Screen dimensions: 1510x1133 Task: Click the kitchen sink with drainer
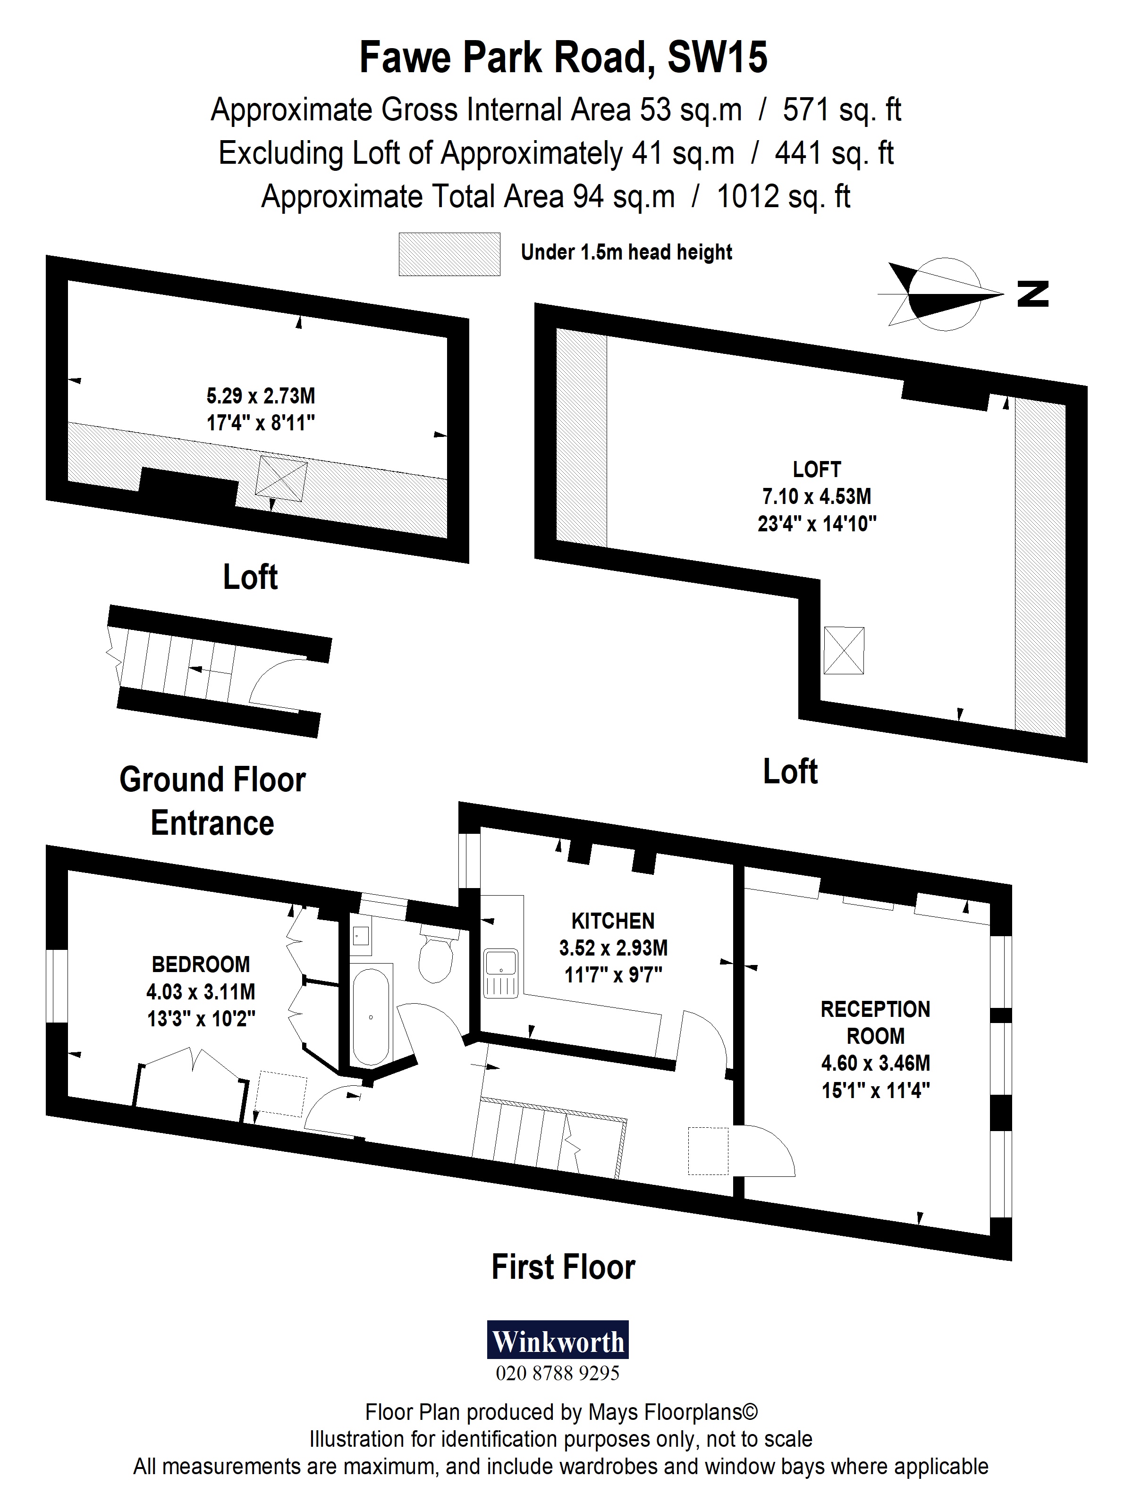tap(500, 973)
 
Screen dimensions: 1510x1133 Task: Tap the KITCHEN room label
tap(613, 921)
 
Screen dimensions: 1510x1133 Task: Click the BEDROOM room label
tap(201, 964)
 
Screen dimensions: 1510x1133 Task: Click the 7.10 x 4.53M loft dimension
tap(816, 496)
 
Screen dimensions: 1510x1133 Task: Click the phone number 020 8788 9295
tap(557, 1373)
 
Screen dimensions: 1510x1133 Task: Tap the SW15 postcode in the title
tap(717, 58)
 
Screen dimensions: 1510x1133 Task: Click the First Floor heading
tap(563, 1267)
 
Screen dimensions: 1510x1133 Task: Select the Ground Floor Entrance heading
tap(212, 801)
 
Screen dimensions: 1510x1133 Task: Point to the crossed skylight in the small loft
tap(281, 478)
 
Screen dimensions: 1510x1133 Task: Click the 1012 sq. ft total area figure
tap(783, 197)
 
